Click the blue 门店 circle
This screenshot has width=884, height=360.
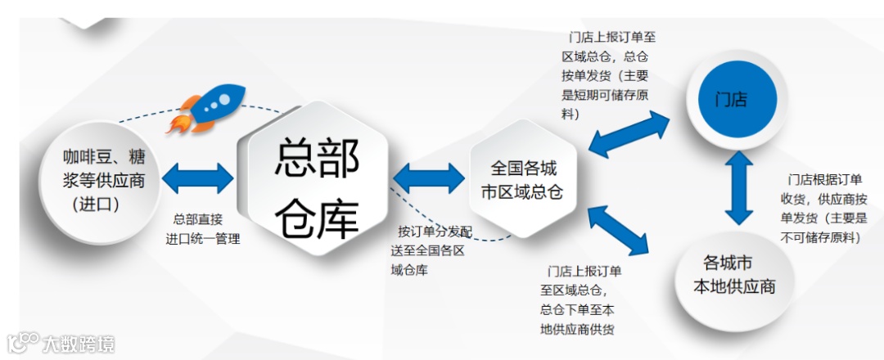pyautogui.click(x=731, y=101)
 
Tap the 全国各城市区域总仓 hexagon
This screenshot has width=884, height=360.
pyautogui.click(x=524, y=179)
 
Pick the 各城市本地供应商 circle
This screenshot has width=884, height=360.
pyautogui.click(x=733, y=275)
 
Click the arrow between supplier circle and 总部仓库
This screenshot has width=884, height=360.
pyautogui.click(x=198, y=178)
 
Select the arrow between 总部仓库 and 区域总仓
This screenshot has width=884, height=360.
pyautogui.click(x=428, y=178)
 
